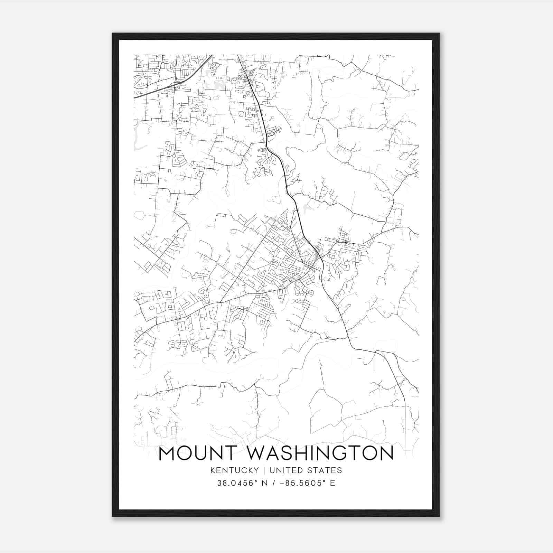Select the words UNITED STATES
click(x=306, y=470)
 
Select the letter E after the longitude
click(x=332, y=483)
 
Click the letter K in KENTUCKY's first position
click(x=212, y=470)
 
